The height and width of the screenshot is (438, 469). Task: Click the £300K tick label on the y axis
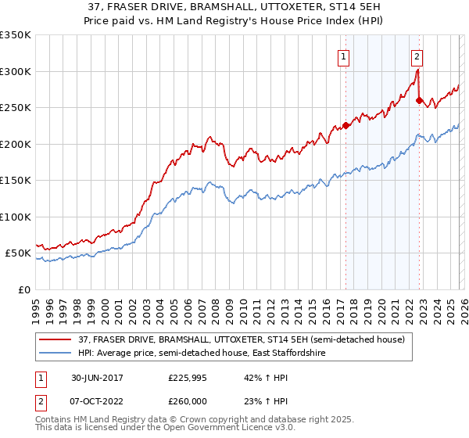[16, 71]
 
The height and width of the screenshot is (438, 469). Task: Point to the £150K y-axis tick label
[16, 180]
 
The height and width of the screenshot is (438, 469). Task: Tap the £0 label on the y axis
[23, 289]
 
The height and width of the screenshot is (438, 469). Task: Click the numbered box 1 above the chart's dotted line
[344, 56]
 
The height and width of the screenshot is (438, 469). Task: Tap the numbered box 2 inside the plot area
[417, 56]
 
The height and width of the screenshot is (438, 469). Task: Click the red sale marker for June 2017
[345, 125]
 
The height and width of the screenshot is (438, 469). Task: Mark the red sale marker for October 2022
[419, 100]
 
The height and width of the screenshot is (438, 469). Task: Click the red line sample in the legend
[55, 339]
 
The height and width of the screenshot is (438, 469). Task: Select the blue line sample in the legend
[55, 354]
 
